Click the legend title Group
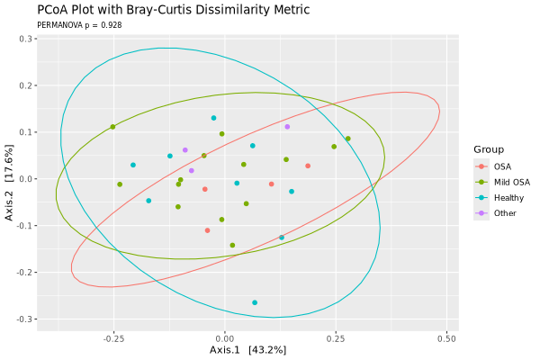point(490,149)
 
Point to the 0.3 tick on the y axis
point(24,39)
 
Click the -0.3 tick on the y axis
point(22,319)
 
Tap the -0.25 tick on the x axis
point(113,338)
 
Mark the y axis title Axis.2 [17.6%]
point(8,179)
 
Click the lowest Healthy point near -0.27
point(255,302)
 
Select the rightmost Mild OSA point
point(348,139)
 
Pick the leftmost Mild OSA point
point(112,127)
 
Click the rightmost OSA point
point(308,166)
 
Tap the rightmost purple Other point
point(287,127)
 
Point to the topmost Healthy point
point(213,118)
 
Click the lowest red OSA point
point(207,230)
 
